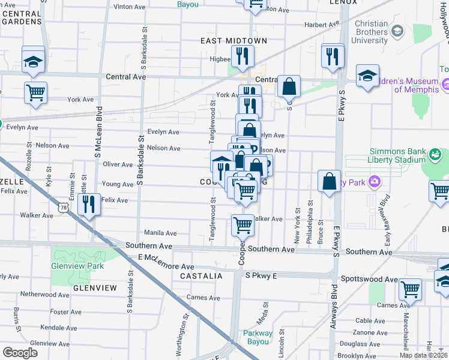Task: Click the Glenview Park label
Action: [78, 266]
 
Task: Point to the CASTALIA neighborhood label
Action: [201, 276]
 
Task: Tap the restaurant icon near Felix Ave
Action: [89, 204]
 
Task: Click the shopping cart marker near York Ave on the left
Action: [35, 93]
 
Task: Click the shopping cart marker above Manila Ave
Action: [243, 226]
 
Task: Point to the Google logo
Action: [20, 352]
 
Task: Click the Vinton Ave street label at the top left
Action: [130, 7]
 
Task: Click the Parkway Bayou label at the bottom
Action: [258, 338]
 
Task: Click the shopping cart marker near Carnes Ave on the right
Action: [411, 290]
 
